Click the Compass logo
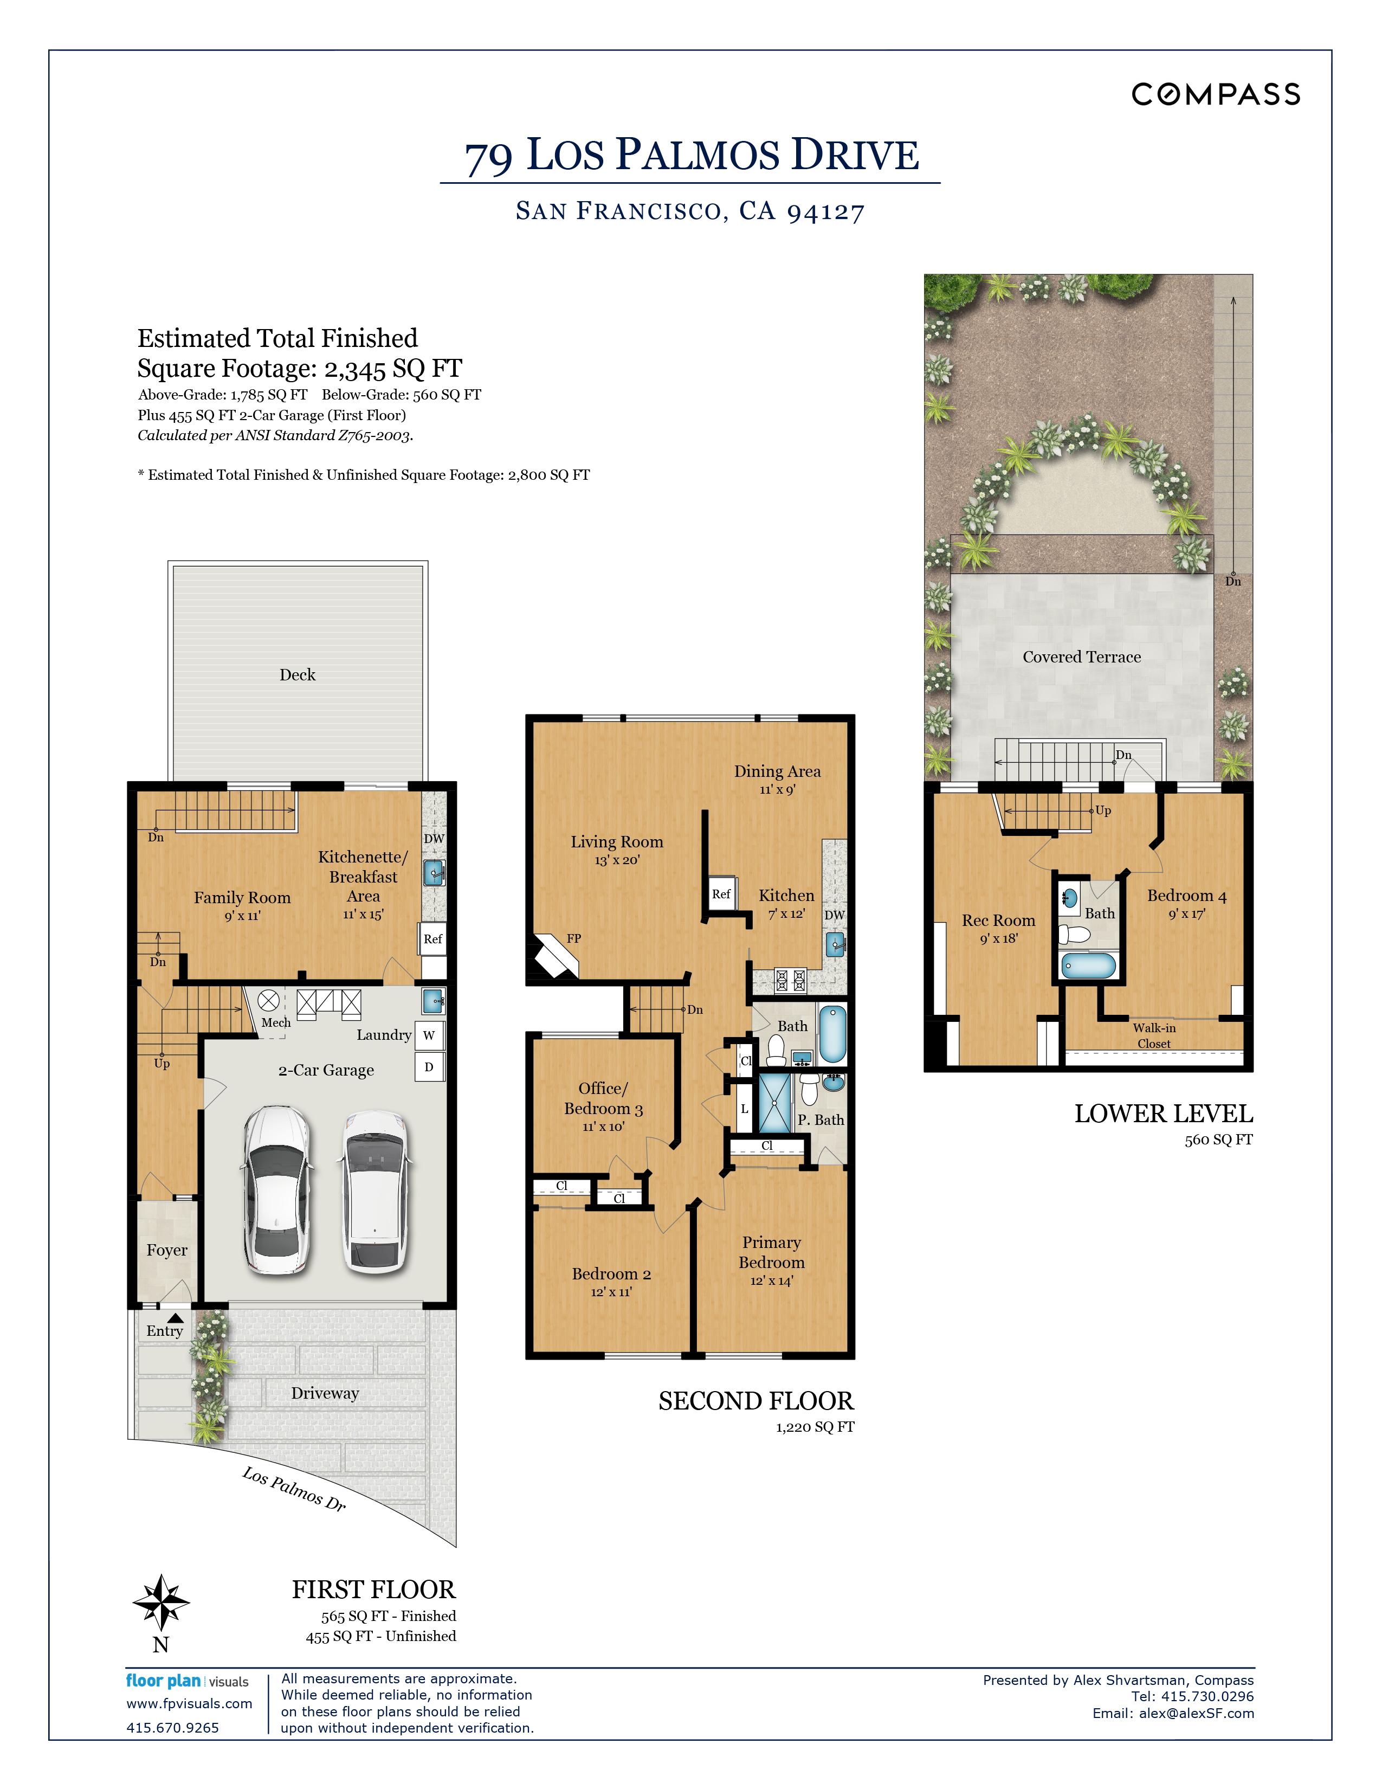click(x=1216, y=94)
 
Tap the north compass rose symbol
click(x=162, y=1602)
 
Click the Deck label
click(x=297, y=674)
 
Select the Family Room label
click(x=242, y=897)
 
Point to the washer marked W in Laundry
click(x=429, y=1035)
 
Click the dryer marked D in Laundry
click(x=429, y=1066)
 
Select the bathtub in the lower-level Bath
click(x=1089, y=966)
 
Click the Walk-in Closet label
click(x=1154, y=1035)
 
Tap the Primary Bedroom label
click(x=771, y=1252)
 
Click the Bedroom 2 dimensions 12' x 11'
click(x=611, y=1292)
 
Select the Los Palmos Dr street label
click(x=294, y=1488)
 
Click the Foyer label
click(x=167, y=1250)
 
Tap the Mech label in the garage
click(x=276, y=1022)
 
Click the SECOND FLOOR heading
click(x=755, y=1401)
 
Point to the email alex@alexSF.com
click(x=1196, y=1713)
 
